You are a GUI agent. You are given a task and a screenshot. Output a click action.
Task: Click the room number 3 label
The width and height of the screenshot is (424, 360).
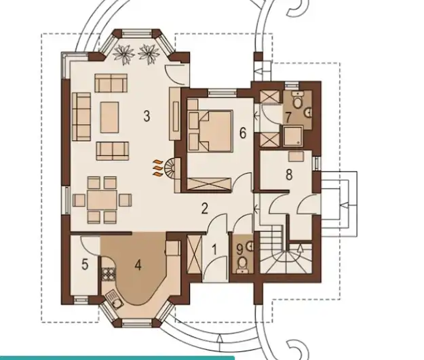click(147, 116)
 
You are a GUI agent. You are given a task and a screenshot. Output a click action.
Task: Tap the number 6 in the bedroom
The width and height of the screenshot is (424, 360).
click(243, 133)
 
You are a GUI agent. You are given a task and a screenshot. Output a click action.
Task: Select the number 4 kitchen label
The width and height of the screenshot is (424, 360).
click(138, 265)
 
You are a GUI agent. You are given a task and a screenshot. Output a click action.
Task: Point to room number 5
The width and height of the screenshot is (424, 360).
click(85, 264)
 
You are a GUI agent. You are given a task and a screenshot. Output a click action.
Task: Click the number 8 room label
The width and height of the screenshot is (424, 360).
click(289, 175)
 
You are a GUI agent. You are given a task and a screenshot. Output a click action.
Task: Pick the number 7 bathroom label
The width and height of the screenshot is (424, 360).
click(288, 118)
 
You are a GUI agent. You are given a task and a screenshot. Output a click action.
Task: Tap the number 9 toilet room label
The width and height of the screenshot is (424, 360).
click(240, 249)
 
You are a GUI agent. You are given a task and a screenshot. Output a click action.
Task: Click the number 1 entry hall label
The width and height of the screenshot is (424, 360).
click(214, 250)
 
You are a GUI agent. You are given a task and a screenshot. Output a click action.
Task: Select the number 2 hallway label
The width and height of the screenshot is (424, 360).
click(205, 208)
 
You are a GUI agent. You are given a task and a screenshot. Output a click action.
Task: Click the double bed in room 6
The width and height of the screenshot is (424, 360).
click(216, 131)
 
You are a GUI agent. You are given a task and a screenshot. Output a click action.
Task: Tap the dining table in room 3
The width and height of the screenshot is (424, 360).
click(102, 200)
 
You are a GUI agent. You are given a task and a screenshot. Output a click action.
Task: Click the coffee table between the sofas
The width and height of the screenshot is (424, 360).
click(109, 117)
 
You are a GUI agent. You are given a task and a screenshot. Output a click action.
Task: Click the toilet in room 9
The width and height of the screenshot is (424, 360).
click(242, 264)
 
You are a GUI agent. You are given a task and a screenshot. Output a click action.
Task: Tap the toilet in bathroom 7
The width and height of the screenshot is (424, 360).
click(298, 100)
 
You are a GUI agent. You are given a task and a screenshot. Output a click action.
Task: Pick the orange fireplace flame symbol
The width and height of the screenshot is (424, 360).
click(157, 168)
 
